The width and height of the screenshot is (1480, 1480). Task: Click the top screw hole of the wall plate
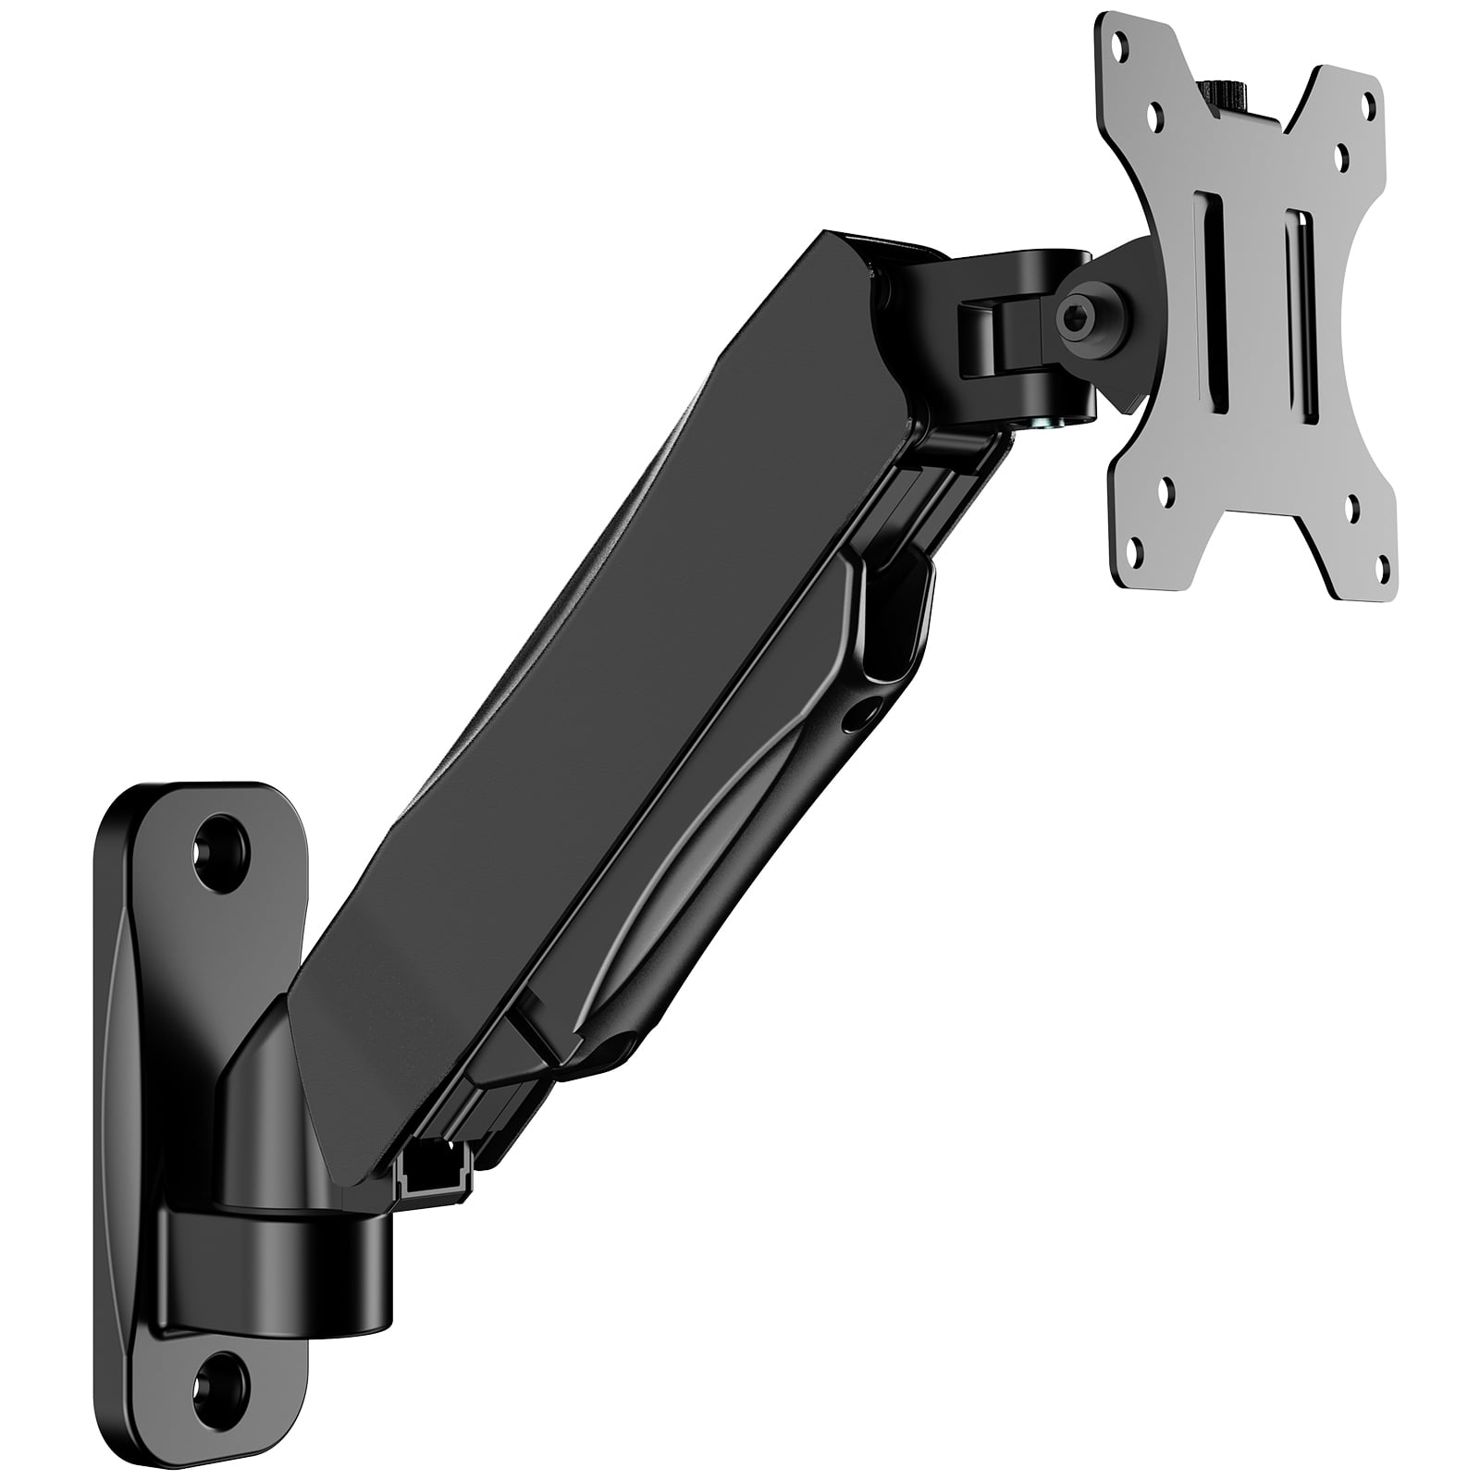(223, 843)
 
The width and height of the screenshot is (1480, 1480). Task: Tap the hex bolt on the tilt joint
(1078, 325)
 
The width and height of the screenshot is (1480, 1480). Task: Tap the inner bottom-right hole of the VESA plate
(1351, 505)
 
